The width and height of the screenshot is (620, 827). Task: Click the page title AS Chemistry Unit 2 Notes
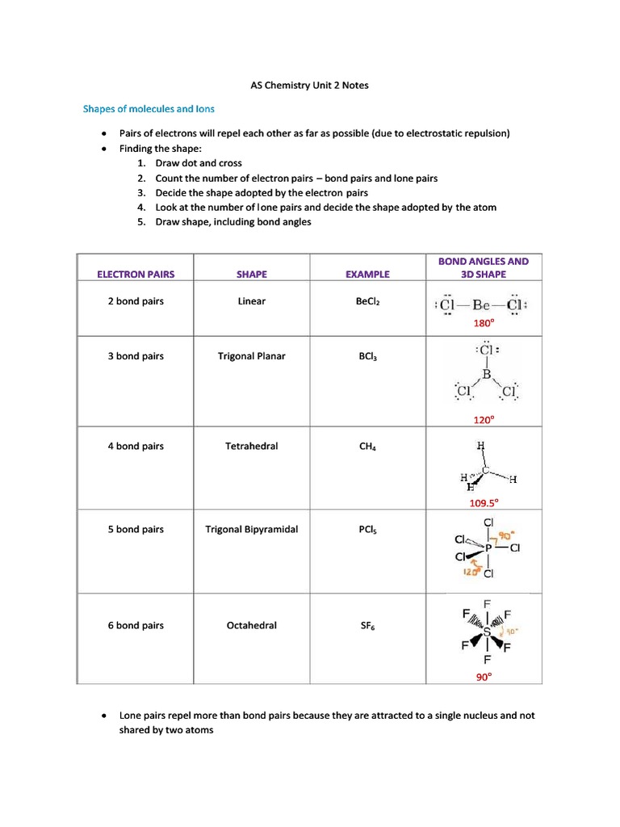point(305,85)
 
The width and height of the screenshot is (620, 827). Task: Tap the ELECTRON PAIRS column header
point(136,274)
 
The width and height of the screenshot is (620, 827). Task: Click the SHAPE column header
point(252,274)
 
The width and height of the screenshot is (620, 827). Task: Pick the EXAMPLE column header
point(367,274)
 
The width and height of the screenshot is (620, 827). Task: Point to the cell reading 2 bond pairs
point(136,301)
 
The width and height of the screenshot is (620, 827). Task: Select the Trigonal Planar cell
point(252,356)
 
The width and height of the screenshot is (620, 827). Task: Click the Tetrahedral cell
point(252,446)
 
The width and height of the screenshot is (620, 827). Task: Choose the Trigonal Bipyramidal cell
point(252,529)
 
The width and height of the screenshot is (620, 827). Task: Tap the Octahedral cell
point(252,625)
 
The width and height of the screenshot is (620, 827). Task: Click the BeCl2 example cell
point(367,302)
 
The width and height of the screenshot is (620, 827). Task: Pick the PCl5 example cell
point(367,530)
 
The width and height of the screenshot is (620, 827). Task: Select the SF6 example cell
point(367,626)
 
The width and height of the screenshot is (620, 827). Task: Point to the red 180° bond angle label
point(483,324)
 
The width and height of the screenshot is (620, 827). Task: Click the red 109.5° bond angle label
point(484,502)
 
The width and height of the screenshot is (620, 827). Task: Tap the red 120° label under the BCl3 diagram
point(484,420)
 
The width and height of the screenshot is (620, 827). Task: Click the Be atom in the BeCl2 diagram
point(482,305)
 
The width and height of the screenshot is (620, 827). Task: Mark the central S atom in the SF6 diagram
point(487,633)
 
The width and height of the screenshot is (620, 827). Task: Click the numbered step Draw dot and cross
point(199,163)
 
